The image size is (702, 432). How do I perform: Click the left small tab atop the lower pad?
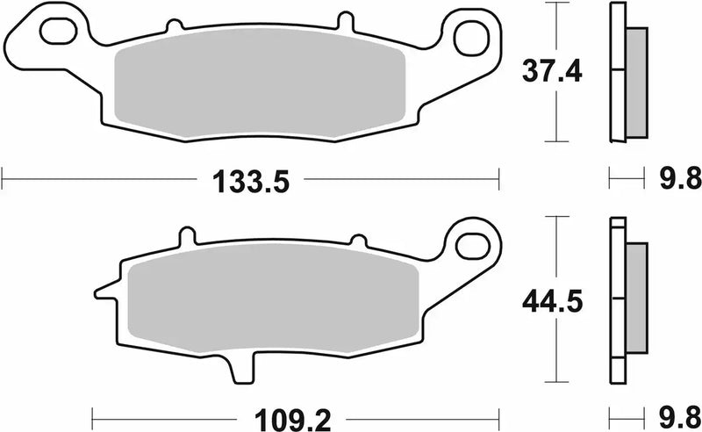tap(183, 237)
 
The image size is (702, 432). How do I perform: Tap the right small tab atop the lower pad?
tap(358, 240)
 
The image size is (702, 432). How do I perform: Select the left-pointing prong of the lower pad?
tap(104, 290)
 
